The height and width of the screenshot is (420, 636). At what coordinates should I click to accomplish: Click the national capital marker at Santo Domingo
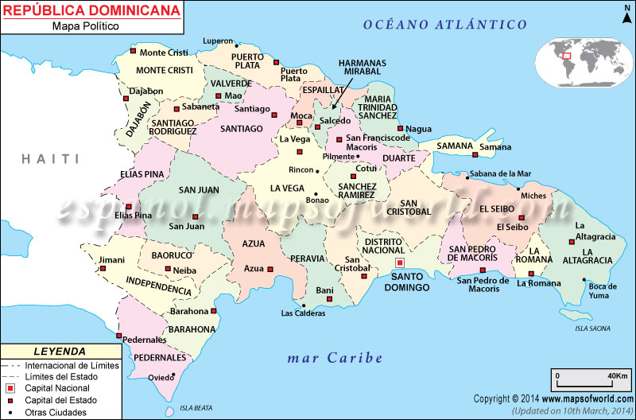[x=400, y=262]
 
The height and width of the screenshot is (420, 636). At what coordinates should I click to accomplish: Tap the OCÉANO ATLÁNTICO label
[x=444, y=25]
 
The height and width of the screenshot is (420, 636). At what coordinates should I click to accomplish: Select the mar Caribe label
[x=334, y=359]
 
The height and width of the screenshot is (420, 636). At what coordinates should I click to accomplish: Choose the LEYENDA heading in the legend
[x=60, y=351]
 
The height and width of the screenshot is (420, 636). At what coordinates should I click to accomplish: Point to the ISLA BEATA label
[x=196, y=407]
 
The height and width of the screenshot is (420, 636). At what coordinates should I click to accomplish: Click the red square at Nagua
[x=401, y=129]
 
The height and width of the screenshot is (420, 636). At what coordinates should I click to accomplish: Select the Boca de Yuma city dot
[x=584, y=279]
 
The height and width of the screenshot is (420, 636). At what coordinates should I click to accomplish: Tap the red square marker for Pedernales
[x=119, y=336]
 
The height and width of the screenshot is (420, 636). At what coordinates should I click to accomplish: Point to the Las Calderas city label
[x=303, y=313]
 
